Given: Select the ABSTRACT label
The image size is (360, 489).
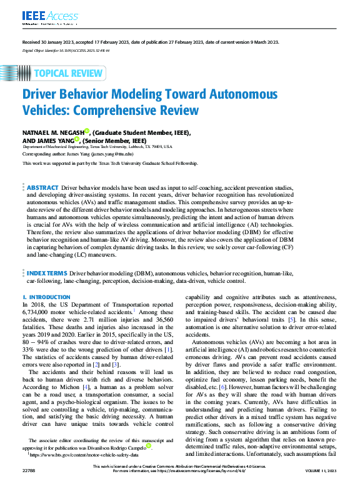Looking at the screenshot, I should click(x=42, y=187).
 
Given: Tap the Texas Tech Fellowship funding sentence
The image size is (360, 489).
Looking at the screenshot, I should click(x=110, y=164).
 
